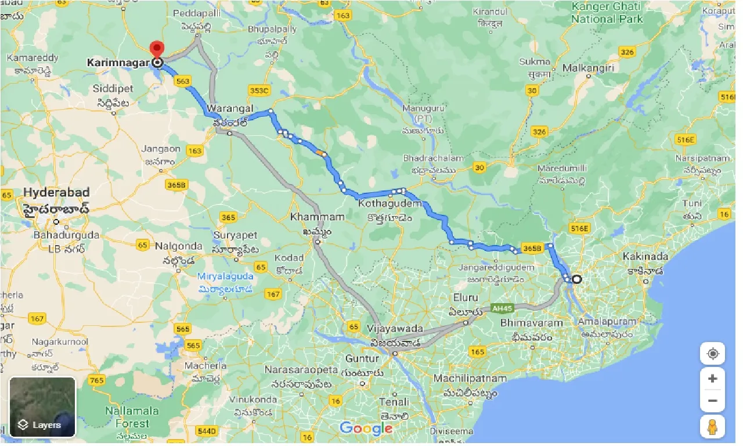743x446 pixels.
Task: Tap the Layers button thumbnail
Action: (x=42, y=407)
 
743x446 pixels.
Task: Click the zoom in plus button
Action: (x=712, y=379)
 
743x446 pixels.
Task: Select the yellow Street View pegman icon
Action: (x=712, y=427)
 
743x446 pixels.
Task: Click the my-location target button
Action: (x=712, y=354)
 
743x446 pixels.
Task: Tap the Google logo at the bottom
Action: (x=366, y=429)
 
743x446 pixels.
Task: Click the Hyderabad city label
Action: (x=56, y=193)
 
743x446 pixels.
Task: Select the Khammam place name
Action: (x=317, y=217)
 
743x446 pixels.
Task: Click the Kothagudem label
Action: (x=385, y=204)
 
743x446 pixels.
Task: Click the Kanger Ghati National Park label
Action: (x=607, y=13)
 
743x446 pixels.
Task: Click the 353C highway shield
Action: (x=259, y=90)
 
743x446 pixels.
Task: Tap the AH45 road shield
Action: (x=499, y=308)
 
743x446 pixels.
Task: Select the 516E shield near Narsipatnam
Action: (x=686, y=139)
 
